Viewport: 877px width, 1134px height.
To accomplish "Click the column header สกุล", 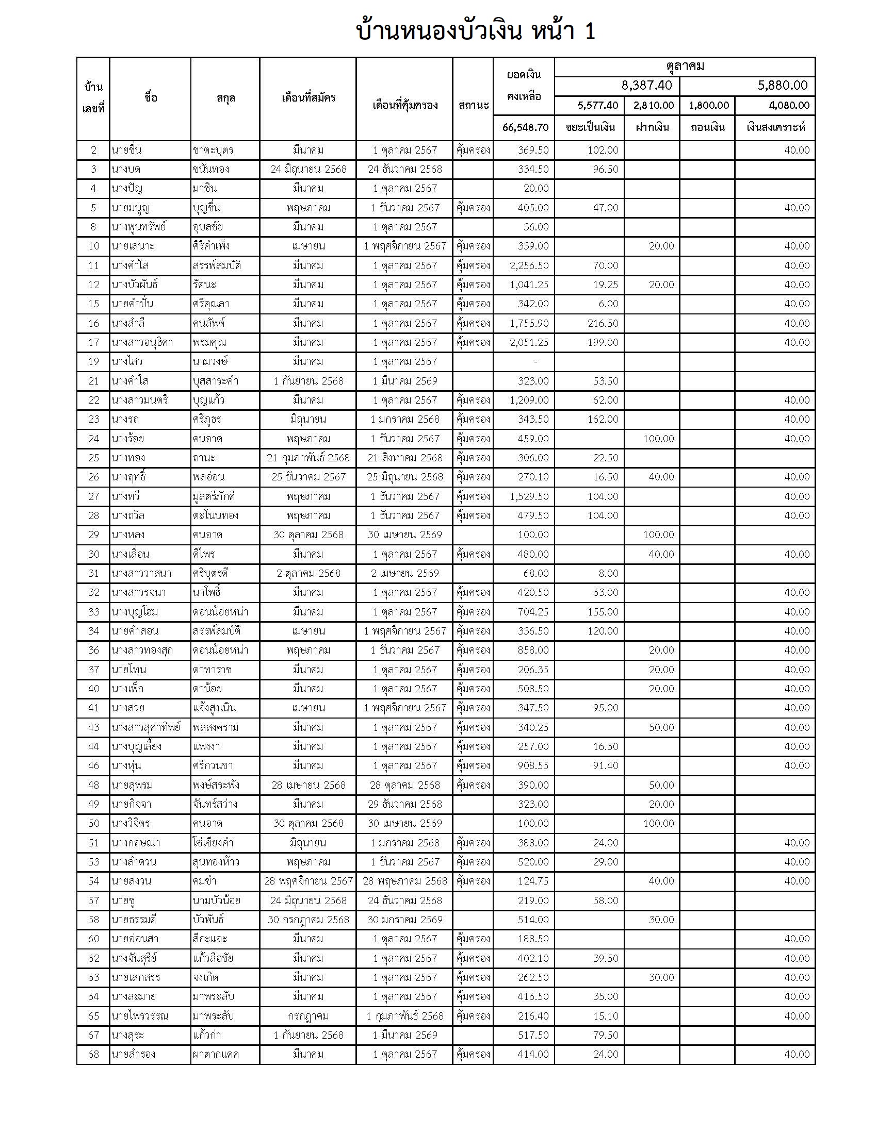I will [x=225, y=98].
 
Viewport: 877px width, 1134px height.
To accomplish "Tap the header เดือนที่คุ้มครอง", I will [x=404, y=105].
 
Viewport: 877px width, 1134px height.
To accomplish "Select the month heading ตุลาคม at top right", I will [x=685, y=66].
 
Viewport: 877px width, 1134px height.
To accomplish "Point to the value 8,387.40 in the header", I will [x=646, y=86].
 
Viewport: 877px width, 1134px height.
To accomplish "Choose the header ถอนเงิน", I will [x=707, y=127].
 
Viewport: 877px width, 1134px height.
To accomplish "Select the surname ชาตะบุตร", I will [x=213, y=150].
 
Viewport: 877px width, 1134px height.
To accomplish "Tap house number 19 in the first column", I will [x=93, y=361].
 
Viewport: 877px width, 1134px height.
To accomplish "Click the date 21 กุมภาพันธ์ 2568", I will [x=308, y=457].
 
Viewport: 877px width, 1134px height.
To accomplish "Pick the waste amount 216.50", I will [x=603, y=323].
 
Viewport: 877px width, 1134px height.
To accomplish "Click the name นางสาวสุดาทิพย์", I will [x=146, y=727].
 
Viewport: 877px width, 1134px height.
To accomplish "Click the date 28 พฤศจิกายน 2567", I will [x=308, y=880].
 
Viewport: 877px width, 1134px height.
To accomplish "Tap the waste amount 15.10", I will [x=605, y=1015].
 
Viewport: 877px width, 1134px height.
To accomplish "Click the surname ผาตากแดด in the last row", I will [x=216, y=1054].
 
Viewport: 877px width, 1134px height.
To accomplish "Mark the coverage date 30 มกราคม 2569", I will [x=404, y=919].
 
